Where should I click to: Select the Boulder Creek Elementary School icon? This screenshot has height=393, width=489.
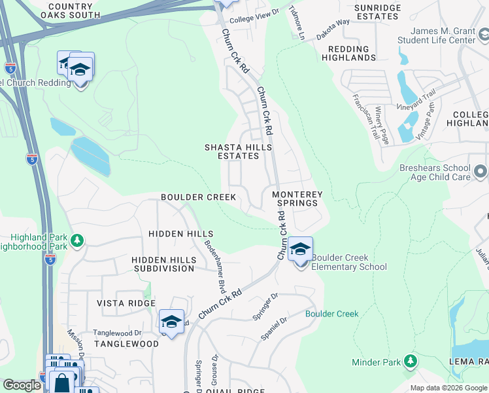point(300,250)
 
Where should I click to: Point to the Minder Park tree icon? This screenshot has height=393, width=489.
point(410,361)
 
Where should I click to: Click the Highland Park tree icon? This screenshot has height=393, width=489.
point(77,241)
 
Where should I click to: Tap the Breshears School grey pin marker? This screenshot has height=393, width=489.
point(481,172)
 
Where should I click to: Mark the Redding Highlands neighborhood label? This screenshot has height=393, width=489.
point(348,54)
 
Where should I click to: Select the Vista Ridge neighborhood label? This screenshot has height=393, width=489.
point(126,303)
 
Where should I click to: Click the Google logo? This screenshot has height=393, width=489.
point(22,385)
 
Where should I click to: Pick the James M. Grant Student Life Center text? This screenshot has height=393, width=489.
point(443,35)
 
